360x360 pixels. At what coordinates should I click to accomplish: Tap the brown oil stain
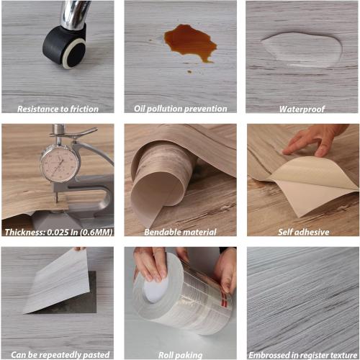(189, 42)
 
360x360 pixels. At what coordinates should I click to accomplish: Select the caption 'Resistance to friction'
(58, 109)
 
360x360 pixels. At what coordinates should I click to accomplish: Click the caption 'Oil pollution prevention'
(180, 109)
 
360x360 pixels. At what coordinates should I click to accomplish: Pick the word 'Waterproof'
(302, 109)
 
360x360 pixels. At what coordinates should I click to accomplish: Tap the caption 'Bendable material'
(180, 232)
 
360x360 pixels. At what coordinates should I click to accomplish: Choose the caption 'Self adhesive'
(302, 232)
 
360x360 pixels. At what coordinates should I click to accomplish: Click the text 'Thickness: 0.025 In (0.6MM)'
(58, 232)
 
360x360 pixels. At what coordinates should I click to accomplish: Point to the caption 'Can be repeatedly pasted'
(58, 354)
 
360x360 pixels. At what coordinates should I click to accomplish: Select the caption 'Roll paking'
(180, 354)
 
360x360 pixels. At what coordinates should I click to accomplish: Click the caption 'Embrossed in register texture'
(302, 354)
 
